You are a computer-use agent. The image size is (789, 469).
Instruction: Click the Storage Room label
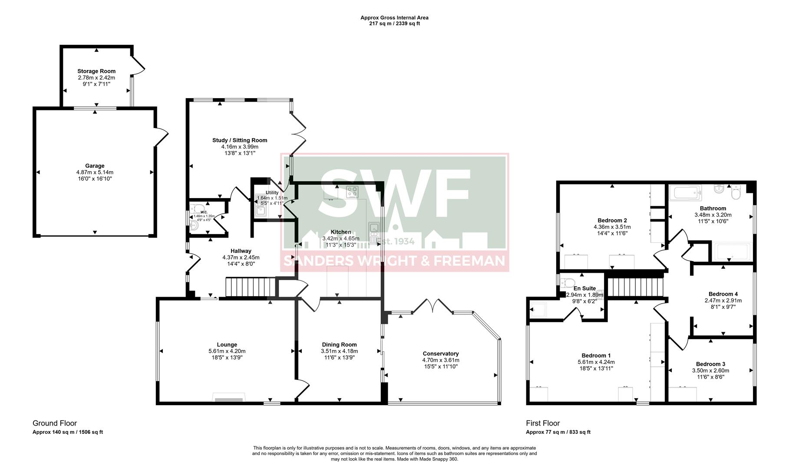pyautogui.click(x=96, y=71)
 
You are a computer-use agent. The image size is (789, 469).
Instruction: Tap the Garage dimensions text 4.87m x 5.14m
pyautogui.click(x=95, y=172)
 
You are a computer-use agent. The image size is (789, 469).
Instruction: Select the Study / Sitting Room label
pyautogui.click(x=240, y=140)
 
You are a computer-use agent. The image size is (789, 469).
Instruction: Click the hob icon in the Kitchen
pyautogui.click(x=352, y=192)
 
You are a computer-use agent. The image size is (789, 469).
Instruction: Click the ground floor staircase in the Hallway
pyautogui.click(x=251, y=287)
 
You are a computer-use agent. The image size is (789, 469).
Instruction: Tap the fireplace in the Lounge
pyautogui.click(x=228, y=399)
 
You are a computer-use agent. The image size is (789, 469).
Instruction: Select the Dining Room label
pyautogui.click(x=339, y=345)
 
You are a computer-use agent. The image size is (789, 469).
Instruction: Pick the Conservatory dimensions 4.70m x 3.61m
pyautogui.click(x=440, y=360)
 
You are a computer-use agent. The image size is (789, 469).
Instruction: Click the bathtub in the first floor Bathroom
pyautogui.click(x=685, y=193)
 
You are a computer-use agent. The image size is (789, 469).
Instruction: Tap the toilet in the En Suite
pyautogui.click(x=567, y=283)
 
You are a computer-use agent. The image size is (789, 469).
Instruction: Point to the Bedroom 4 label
pyautogui.click(x=723, y=294)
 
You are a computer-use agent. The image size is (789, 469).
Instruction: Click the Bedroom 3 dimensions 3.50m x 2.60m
pyautogui.click(x=710, y=371)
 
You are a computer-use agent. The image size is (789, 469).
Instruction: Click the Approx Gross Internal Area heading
pyautogui.click(x=394, y=18)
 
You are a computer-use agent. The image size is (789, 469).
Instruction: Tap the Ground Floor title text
pyautogui.click(x=55, y=423)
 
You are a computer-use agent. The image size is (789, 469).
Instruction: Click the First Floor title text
pyautogui.click(x=543, y=423)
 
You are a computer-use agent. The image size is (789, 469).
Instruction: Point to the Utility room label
pyautogui.click(x=272, y=192)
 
